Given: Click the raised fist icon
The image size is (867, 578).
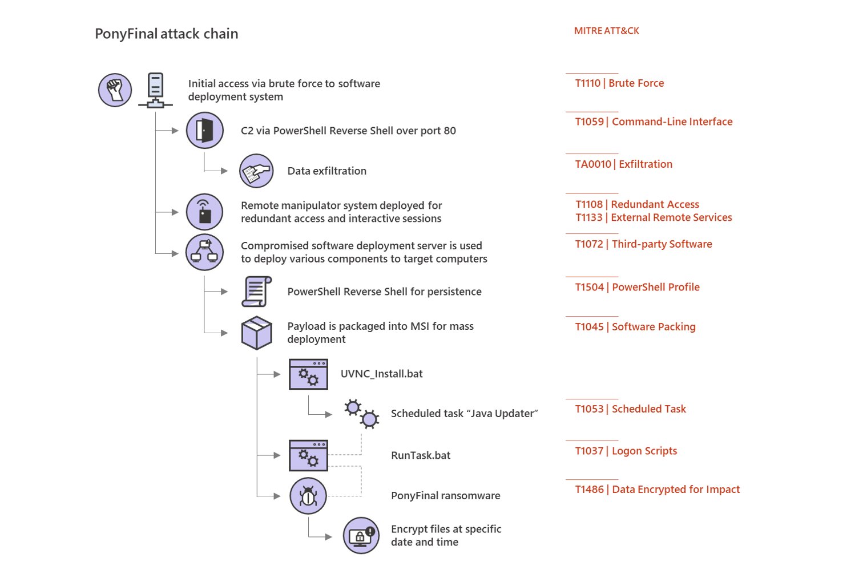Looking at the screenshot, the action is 115,90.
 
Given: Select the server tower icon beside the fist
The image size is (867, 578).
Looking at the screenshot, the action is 156,90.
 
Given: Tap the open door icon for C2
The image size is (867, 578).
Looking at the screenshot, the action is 205,131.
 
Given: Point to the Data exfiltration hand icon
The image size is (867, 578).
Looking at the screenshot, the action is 256,171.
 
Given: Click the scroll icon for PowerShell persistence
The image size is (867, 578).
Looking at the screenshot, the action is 257,292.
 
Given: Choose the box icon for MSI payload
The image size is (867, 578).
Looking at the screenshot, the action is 257,333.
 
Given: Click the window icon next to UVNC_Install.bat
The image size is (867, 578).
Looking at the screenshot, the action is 308,374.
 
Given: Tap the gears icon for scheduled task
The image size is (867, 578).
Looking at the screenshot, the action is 362,414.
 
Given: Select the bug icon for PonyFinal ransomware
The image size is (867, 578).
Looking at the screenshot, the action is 308,496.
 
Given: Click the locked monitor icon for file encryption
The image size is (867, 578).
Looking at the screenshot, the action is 361,535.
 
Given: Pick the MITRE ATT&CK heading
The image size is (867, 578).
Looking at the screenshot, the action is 607,31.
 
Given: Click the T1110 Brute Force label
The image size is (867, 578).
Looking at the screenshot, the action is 619,83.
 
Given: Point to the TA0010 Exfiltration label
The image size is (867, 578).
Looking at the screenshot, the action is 623,164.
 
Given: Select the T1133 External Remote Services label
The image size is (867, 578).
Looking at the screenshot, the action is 654,217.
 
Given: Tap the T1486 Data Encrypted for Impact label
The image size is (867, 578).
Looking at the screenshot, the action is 657,490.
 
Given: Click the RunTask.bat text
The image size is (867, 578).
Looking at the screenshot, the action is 421,455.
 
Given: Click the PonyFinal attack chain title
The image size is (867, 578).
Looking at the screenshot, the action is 167,34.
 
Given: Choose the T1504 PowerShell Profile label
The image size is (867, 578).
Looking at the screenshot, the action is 637,287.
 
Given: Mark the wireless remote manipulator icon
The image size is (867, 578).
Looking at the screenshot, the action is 204,212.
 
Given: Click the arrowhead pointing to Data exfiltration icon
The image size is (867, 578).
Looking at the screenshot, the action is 224,171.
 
